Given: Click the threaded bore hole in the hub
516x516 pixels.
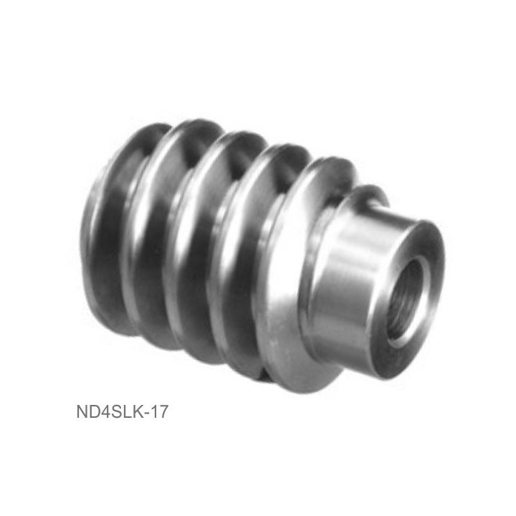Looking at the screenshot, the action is pos(405,300).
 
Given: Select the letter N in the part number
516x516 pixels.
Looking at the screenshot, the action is pos(82,411).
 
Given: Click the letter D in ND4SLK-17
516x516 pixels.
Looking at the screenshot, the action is pos(95,411).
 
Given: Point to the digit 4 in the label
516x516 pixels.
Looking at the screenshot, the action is pos(107,411).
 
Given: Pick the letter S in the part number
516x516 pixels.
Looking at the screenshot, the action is pos(118,411).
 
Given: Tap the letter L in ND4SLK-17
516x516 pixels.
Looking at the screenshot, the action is pos(129,411).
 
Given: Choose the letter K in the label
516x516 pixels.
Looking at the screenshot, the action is pos(139,411).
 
